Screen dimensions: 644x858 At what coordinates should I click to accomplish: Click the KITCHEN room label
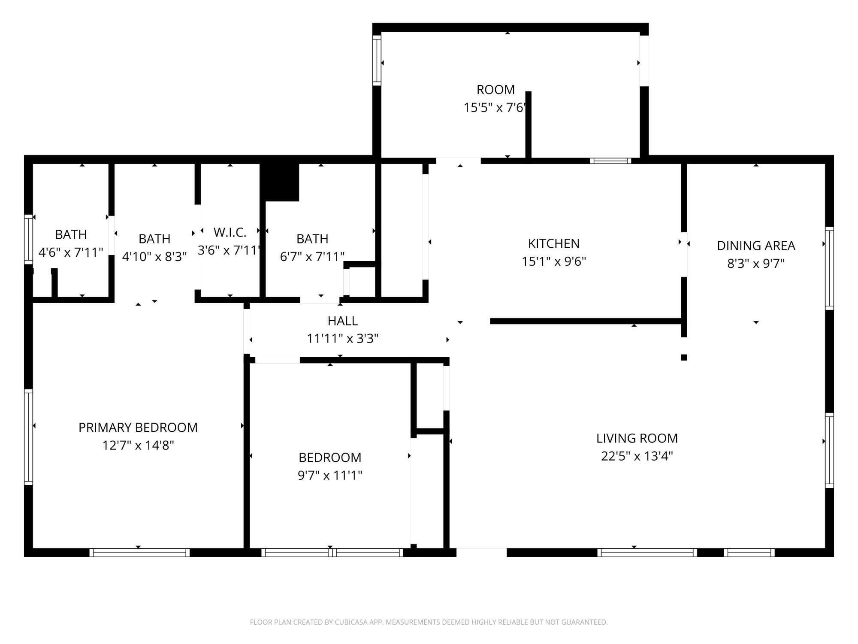553,243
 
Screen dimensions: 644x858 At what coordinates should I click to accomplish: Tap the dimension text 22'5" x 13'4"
637,456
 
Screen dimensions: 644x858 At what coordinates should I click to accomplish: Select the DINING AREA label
756,246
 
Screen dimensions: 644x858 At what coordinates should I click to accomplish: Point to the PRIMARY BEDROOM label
138,427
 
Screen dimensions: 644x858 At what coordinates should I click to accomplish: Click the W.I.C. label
230,232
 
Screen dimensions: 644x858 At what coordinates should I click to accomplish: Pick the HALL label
342,321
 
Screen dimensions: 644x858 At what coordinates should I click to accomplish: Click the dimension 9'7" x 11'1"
330,475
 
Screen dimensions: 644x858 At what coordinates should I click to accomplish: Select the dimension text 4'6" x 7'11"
71,252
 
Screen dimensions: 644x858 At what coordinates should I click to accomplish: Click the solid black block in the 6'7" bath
281,182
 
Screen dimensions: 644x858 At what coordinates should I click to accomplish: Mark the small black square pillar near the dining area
684,357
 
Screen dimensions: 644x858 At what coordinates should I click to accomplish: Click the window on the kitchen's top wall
610,161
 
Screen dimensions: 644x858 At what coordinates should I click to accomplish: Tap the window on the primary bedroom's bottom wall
139,553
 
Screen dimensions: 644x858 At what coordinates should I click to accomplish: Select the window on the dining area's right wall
830,268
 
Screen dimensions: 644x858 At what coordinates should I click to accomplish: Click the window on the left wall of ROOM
377,60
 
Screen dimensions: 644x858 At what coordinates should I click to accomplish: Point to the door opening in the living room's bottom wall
481,553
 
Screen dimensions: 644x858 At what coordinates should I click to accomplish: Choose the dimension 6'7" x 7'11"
312,257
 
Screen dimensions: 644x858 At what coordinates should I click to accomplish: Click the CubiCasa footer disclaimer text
429,622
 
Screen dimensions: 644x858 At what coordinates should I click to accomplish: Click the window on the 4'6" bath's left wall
28,239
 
